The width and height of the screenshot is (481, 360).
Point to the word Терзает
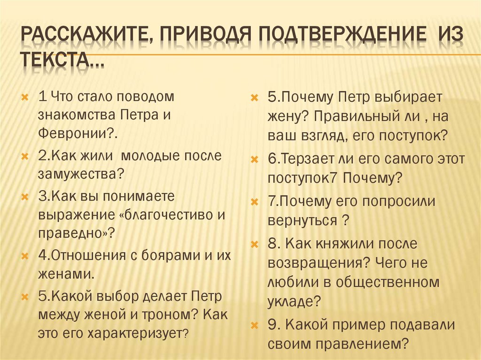(x=305, y=159)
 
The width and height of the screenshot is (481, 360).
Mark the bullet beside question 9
(x=254, y=325)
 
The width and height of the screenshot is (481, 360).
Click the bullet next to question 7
(x=254, y=202)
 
